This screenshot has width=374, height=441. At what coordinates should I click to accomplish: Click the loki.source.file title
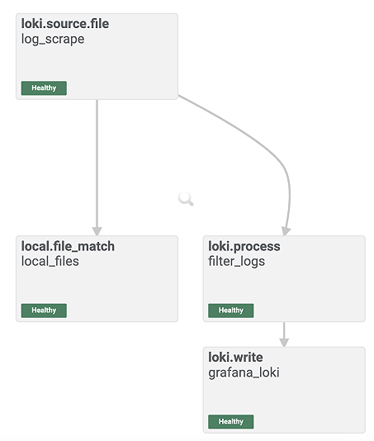coord(65,24)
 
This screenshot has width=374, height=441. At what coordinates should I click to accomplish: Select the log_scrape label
coord(53,39)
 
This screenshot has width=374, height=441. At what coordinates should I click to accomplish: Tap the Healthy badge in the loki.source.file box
coord(44,88)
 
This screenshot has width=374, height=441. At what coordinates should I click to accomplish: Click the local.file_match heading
coord(68,246)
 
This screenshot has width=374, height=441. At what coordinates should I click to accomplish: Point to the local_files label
coord(50,261)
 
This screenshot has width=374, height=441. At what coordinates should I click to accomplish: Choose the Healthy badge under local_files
coord(44,311)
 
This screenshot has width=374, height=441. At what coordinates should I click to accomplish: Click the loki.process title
coord(244,247)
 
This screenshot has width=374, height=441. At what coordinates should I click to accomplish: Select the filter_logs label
coord(236,262)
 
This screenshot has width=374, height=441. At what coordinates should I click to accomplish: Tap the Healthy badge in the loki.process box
coord(231,311)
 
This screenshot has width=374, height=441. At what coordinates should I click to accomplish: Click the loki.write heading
coord(235,358)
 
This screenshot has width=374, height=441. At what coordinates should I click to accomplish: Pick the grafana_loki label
coord(244,372)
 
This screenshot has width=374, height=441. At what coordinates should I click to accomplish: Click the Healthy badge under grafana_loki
coord(231,421)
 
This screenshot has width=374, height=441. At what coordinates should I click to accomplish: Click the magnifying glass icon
coord(186,199)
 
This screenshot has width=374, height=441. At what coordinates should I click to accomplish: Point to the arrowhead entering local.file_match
coord(97,231)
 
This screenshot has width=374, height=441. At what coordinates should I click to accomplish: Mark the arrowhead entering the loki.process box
coord(286,231)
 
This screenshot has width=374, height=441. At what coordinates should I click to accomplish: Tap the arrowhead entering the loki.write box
coord(284,343)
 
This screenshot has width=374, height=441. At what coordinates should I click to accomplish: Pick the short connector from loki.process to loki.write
coord(284,334)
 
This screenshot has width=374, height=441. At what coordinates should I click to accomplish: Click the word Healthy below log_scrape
coord(44,88)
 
